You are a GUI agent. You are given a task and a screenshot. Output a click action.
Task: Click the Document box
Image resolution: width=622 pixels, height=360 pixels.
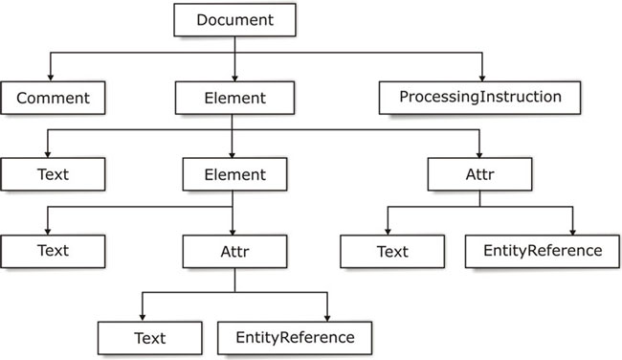pyautogui.click(x=233, y=19)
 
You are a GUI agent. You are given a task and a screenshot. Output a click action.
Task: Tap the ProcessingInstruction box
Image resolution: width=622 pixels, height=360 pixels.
pyautogui.click(x=480, y=97)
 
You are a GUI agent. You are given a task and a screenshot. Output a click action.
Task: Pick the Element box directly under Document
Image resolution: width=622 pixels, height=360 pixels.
pyautogui.click(x=233, y=97)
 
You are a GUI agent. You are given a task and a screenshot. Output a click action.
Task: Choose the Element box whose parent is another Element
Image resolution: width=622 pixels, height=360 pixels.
pyautogui.click(x=233, y=175)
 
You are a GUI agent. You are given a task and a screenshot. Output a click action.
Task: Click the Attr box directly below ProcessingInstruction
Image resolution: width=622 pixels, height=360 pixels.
pyautogui.click(x=478, y=175)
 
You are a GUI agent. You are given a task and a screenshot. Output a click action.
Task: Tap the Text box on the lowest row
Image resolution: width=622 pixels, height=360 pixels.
pyautogui.click(x=149, y=337)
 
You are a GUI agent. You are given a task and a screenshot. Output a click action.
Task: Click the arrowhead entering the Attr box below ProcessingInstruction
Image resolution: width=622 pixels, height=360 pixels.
pyautogui.click(x=478, y=155)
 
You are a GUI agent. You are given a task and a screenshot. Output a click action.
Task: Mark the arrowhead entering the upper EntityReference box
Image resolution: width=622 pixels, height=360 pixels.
pyautogui.click(x=573, y=233)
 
